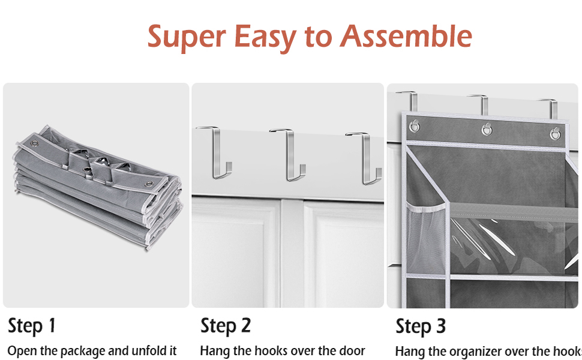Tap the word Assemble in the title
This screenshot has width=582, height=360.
pos(406,37)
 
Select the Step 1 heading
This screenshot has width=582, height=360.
pos(32,326)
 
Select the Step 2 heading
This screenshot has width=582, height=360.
pos(226,326)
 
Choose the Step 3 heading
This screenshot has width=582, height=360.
pos(421,327)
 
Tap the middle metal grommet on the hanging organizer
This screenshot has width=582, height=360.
pos(487,129)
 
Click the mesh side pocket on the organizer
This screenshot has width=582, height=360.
pos(426,234)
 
